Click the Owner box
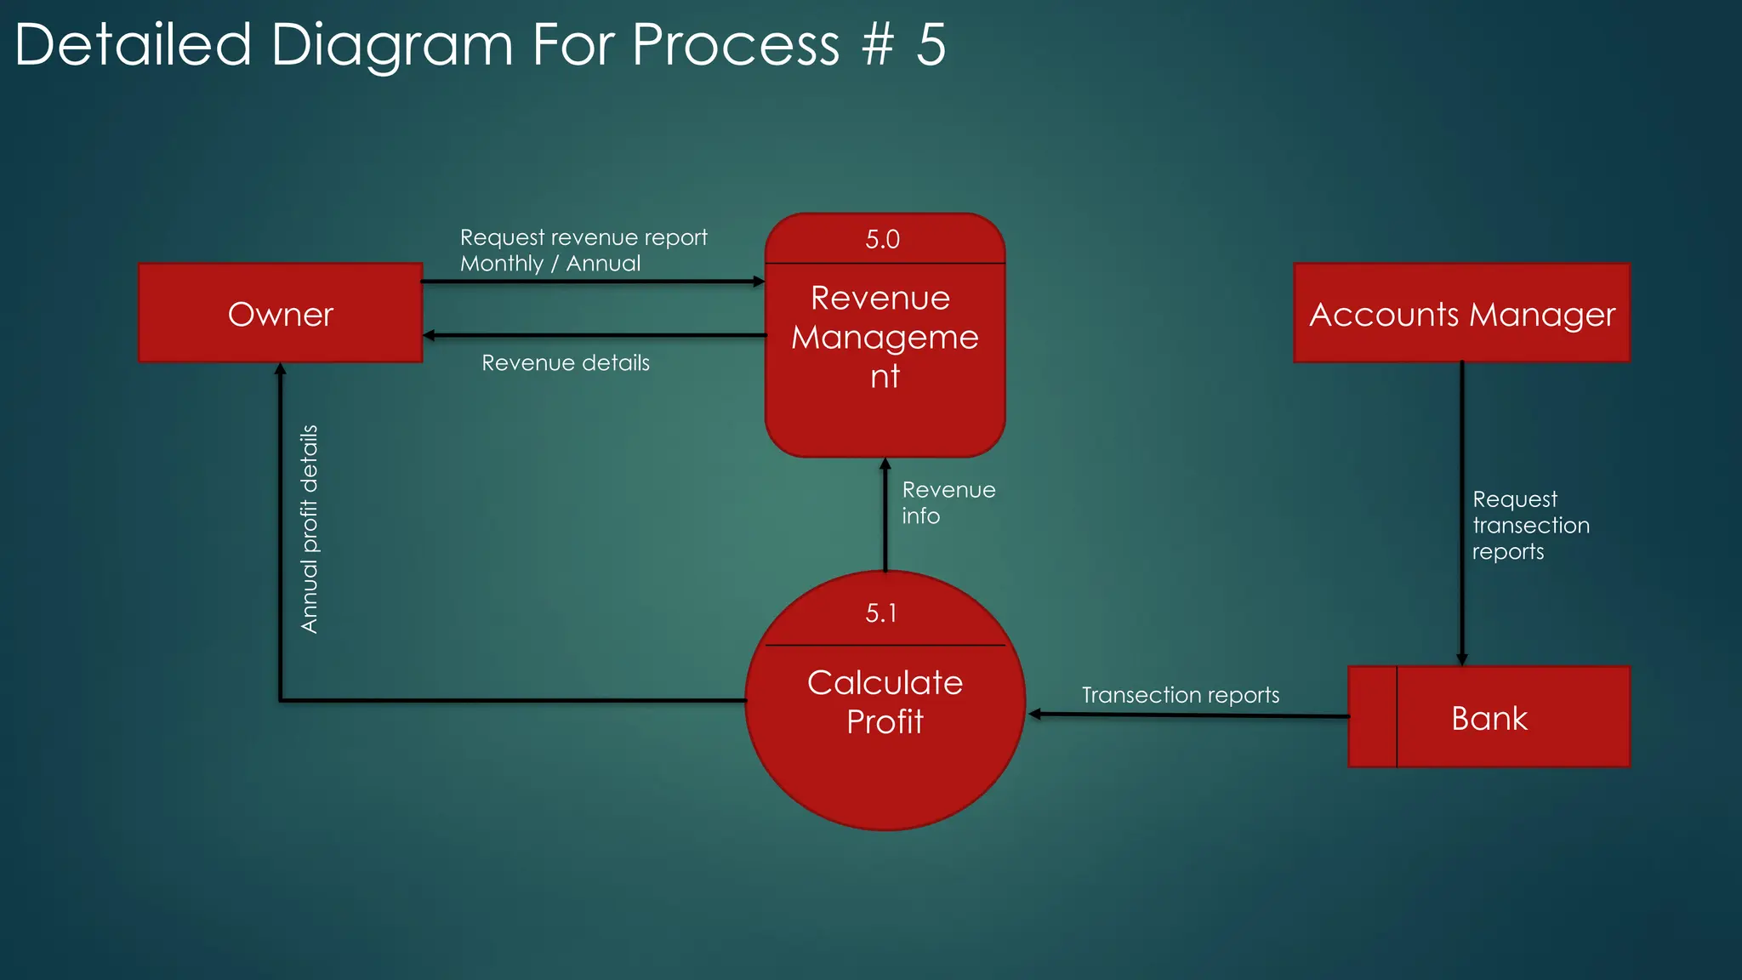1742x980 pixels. [x=280, y=314]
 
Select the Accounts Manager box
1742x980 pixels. [x=1461, y=314]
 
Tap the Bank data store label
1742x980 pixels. [x=1489, y=719]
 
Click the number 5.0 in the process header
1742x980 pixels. [x=882, y=240]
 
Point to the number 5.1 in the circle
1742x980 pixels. [x=881, y=613]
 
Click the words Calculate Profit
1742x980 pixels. [x=885, y=702]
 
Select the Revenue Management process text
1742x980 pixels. [x=885, y=337]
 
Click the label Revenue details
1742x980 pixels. [x=566, y=363]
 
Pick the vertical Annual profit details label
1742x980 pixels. [x=310, y=529]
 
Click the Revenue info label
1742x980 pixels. [x=948, y=503]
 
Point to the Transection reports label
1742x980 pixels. [x=1180, y=695]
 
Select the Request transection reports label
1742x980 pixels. [x=1530, y=525]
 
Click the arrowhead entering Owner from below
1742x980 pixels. [x=280, y=369]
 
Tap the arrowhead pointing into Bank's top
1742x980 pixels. [x=1461, y=659]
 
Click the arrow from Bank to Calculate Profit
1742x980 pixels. [x=1191, y=715]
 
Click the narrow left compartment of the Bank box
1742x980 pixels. [x=1372, y=717]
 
